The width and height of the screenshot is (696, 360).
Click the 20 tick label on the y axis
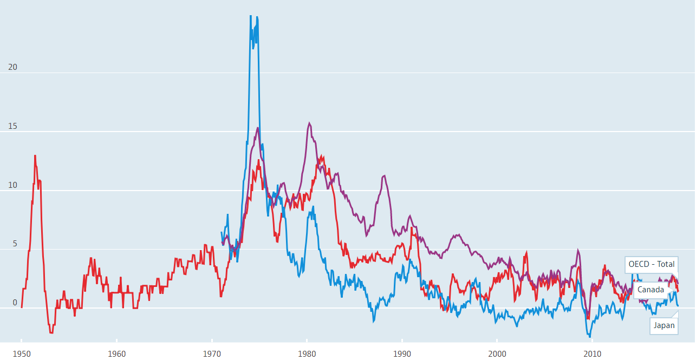13,67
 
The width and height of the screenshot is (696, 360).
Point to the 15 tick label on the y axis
13,126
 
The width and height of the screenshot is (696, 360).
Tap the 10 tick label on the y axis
13,185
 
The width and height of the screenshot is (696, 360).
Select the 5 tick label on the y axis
15,244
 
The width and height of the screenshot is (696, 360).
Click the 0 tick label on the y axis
15,303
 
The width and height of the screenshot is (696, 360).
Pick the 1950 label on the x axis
22,354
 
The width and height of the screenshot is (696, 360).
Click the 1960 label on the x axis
116,354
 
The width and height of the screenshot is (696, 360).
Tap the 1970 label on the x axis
212,354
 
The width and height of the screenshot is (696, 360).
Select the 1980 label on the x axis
307,354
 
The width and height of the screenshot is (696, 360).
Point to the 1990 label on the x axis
402,354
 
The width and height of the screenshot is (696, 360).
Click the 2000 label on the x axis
497,354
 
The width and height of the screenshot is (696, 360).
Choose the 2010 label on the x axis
592,354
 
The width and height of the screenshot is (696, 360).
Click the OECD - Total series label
652,264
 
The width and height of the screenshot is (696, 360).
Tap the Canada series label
651,290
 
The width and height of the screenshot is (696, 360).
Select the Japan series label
664,325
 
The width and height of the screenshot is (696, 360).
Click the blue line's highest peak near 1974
250,16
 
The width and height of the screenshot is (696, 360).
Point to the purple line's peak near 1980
309,123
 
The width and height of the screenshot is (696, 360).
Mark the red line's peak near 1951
35,155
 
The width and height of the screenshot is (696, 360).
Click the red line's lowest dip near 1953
51,333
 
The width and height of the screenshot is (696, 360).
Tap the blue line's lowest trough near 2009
590,337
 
